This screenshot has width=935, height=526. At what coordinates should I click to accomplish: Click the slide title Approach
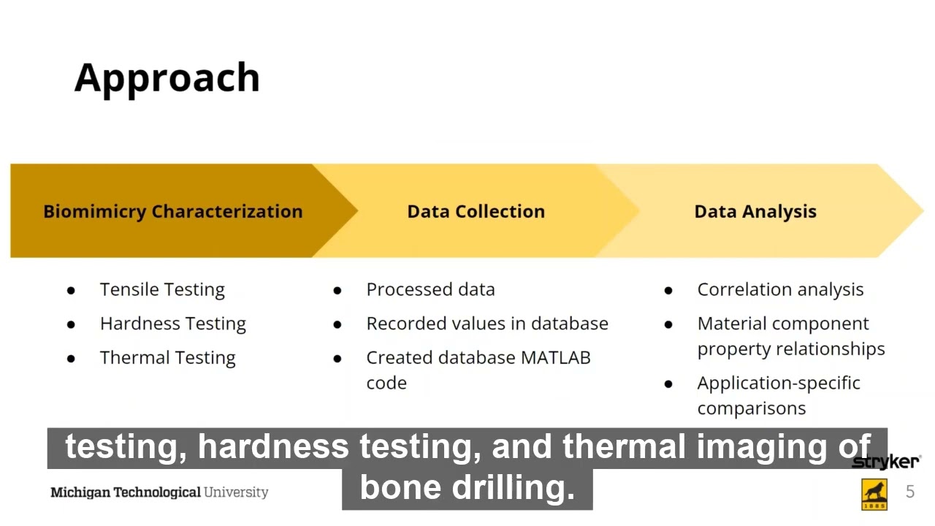click(167, 77)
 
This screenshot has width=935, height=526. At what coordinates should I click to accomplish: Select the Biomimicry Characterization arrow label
click(172, 211)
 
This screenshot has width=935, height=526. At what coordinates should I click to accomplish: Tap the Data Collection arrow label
click(476, 211)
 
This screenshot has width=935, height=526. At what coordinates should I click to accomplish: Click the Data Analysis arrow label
click(755, 211)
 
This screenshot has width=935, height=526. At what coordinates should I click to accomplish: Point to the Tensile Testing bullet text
click(162, 289)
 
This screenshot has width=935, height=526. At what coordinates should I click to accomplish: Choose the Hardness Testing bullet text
click(172, 324)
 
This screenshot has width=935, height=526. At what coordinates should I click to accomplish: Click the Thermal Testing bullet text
click(167, 358)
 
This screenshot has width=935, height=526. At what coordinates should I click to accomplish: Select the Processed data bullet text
click(430, 289)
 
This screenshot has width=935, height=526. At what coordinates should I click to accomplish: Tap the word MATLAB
click(555, 358)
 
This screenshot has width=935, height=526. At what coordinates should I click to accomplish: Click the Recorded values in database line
click(486, 324)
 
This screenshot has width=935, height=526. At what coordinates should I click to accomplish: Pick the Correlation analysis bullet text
click(780, 289)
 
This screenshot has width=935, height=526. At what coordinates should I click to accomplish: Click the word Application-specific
click(779, 383)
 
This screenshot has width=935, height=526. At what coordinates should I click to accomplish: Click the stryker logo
click(885, 462)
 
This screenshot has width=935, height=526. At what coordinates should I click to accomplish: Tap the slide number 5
click(910, 492)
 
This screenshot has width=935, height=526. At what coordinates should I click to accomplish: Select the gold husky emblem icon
click(874, 495)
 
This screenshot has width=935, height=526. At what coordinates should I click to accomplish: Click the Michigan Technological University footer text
click(159, 492)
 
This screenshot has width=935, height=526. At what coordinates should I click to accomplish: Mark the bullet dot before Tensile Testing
click(71, 290)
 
